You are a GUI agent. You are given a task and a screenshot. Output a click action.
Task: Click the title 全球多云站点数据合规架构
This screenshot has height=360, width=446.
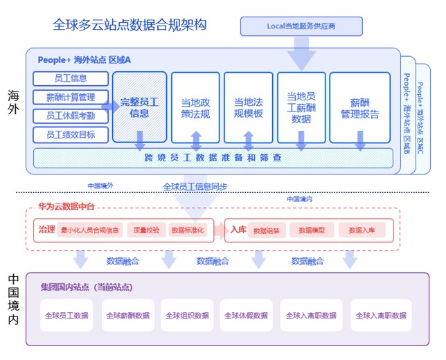(130, 26)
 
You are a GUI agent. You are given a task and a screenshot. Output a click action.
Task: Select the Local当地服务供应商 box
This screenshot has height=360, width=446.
(301, 27)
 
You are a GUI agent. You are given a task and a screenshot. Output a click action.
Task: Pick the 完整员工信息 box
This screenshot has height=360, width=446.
(139, 107)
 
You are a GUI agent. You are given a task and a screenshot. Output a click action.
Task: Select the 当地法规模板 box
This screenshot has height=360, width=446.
(248, 107)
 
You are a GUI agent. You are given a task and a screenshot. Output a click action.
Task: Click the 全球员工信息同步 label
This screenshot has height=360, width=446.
(195, 186)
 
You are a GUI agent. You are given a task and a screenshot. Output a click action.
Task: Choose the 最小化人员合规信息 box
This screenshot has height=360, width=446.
(91, 230)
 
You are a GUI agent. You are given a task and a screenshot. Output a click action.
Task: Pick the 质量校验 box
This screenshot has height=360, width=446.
(145, 230)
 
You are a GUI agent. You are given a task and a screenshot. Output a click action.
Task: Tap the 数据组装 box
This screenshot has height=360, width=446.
(265, 230)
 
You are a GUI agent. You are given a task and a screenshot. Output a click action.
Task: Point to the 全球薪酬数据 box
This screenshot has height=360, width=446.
(128, 316)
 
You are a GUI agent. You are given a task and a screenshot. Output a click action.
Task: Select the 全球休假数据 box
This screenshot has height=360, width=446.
(246, 316)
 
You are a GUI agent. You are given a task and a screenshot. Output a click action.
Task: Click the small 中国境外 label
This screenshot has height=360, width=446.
(100, 186)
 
